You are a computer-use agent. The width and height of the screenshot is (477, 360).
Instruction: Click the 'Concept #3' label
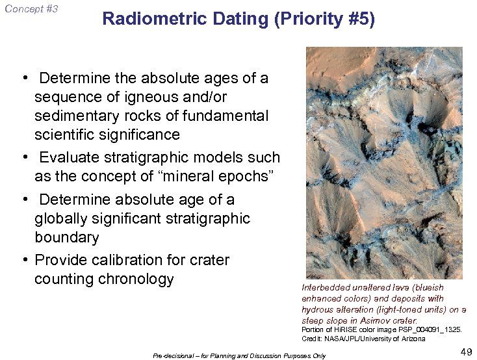(x=31, y=9)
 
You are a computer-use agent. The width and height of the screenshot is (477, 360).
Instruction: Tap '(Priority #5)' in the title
(x=324, y=19)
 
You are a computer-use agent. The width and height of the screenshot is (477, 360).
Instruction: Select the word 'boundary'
(x=66, y=237)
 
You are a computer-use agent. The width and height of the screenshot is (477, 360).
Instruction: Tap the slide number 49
(x=465, y=352)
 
